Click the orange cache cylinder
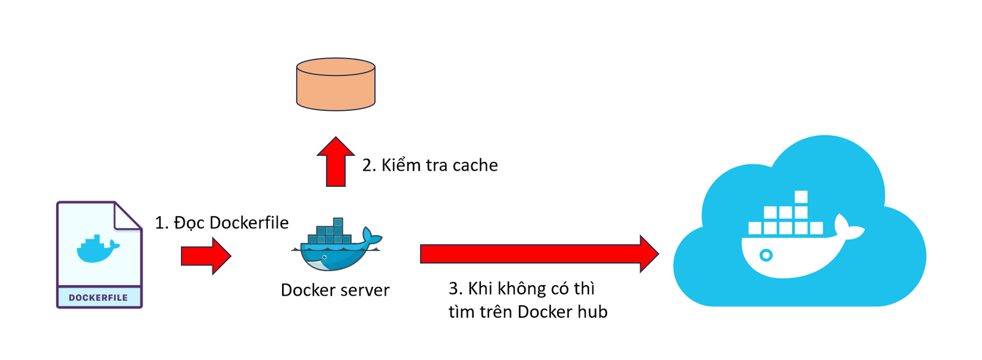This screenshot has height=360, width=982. click(336, 84)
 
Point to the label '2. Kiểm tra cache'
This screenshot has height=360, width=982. click(430, 165)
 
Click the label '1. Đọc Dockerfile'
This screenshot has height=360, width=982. click(221, 223)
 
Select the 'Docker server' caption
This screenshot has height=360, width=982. click(335, 290)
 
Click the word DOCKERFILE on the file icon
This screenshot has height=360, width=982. click(98, 298)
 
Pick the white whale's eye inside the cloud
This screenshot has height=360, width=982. click(767, 255)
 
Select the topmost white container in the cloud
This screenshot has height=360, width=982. click(801, 197)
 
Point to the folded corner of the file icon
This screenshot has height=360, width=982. click(127, 215)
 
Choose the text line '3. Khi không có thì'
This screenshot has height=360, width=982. click(521, 289)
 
